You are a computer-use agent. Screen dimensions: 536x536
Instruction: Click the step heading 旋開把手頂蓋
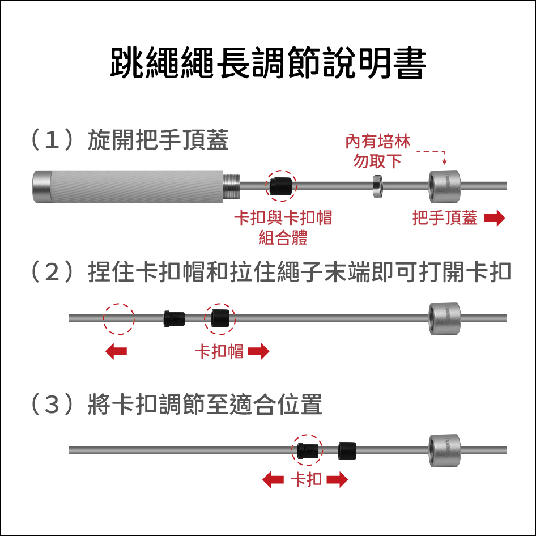(158, 140)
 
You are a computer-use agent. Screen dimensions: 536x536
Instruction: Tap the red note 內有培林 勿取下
(377, 151)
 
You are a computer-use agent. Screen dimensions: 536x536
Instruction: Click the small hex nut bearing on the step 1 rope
(377, 186)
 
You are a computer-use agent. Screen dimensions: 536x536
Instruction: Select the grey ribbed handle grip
(137, 186)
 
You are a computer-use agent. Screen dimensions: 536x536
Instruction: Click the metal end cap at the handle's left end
(42, 186)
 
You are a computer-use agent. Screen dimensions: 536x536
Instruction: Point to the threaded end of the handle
(231, 186)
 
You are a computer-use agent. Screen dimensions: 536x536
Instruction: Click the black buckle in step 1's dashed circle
(280, 186)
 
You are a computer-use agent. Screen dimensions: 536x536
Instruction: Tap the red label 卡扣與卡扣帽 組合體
(283, 227)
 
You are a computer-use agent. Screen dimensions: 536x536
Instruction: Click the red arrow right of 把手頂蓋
(494, 218)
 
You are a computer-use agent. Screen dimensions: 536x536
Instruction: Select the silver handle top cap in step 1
(444, 186)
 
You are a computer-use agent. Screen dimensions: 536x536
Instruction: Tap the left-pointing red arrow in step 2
(116, 351)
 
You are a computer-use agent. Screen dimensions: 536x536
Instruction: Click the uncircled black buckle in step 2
(174, 318)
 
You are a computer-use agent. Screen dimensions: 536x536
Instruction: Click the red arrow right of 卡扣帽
(259, 351)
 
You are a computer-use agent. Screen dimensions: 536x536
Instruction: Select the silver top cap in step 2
(444, 318)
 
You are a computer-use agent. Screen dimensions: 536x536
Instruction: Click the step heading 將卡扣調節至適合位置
(205, 404)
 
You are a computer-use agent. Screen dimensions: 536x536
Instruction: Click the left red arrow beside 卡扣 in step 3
(273, 479)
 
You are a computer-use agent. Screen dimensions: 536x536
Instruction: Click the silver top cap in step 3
(444, 450)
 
